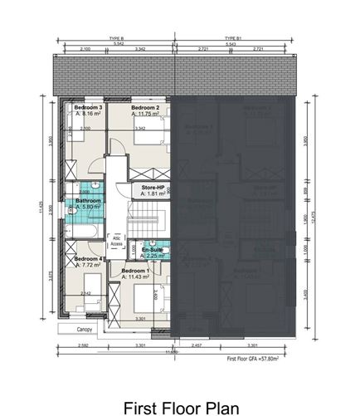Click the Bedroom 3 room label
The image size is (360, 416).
point(88,108)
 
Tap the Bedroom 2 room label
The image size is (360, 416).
point(145,108)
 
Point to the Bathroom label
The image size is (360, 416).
point(88,200)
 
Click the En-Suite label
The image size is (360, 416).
point(152,250)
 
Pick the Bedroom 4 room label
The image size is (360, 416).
point(88,259)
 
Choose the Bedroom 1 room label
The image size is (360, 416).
point(135,272)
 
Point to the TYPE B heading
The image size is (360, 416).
point(116,38)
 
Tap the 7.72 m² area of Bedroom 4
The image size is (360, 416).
point(89,266)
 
